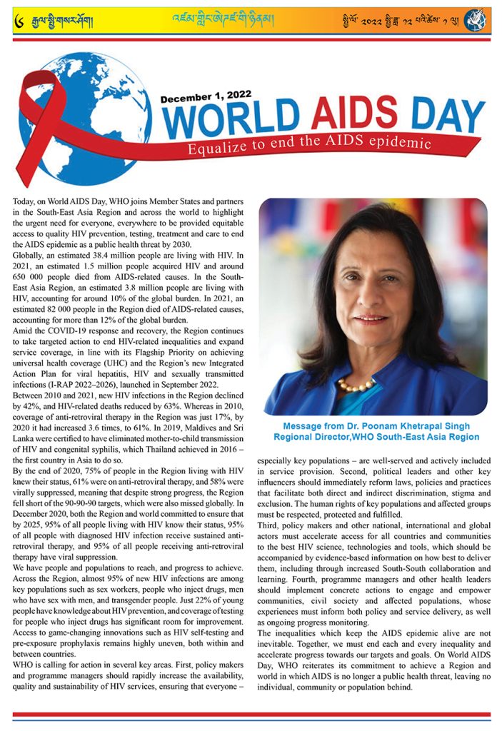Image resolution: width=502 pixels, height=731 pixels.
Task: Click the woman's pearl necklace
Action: [356, 385]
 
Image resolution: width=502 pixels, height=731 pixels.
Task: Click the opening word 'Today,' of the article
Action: [26, 203]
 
